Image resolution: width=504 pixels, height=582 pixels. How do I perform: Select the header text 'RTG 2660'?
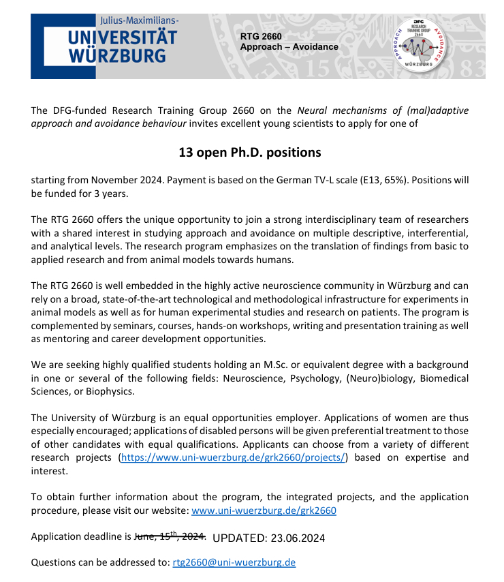click(x=261, y=36)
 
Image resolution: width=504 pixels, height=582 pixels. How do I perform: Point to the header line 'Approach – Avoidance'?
click(x=289, y=46)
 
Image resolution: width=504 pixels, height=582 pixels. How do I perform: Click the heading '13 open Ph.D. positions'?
click(x=250, y=152)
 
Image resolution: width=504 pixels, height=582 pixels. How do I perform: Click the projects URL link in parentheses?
click(x=234, y=457)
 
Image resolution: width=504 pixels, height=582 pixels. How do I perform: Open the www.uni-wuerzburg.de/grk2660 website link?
click(x=264, y=510)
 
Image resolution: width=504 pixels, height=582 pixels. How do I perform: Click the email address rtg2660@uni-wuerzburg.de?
click(x=234, y=562)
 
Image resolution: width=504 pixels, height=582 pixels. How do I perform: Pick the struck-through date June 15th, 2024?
click(x=170, y=536)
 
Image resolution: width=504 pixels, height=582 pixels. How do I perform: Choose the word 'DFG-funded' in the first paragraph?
click(x=76, y=110)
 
